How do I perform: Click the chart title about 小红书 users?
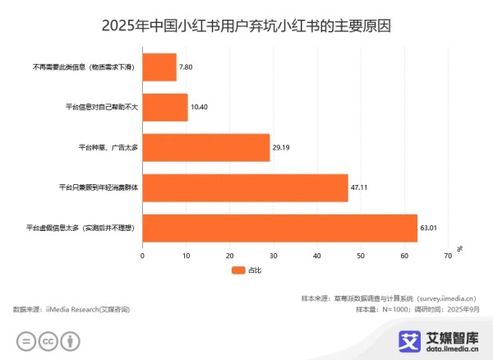point(246,25)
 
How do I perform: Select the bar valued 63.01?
point(279,228)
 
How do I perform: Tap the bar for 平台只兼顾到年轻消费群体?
point(245,187)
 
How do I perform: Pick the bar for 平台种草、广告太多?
point(205,147)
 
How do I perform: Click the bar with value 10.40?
point(165,107)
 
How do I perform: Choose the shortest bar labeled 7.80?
point(159,67)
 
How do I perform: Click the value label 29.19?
point(283,147)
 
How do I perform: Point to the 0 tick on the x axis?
point(143,256)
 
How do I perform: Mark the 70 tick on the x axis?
point(448,256)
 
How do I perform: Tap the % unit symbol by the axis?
point(460,247)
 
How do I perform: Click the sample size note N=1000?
point(399,309)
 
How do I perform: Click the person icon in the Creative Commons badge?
point(72,340)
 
